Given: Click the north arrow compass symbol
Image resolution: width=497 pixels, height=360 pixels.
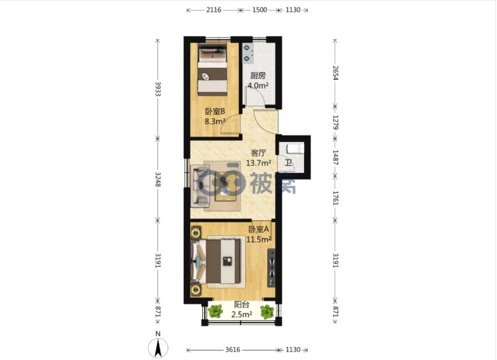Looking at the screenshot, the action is point(158,348).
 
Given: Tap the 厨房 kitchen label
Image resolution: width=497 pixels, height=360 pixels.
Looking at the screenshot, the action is point(257,75).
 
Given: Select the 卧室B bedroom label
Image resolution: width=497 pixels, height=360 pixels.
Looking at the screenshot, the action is point(215,111).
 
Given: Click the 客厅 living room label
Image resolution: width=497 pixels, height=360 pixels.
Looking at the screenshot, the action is point(258,153).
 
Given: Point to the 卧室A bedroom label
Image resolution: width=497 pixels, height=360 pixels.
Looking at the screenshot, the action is point(258,229).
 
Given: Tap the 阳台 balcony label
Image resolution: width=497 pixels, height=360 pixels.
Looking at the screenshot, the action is point(242,305).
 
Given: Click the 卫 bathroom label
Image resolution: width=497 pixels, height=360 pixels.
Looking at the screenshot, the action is point(288,163).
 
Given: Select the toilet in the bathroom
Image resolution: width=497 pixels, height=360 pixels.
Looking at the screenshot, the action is point(295,148).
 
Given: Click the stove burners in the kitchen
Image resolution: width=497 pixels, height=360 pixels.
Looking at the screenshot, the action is point(248,53).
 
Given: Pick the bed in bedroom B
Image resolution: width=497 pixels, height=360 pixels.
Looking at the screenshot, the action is point(212,70).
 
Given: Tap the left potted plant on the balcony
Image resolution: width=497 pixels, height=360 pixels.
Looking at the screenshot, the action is point(216,311).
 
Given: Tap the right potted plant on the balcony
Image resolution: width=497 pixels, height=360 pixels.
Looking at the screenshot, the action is point(267,312).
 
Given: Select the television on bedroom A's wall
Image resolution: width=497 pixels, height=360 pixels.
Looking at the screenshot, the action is point(271,268).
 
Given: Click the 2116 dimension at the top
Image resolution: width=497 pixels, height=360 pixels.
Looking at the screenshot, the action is point(214,10).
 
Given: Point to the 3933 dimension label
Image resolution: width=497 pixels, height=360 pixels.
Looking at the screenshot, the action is point(158,89).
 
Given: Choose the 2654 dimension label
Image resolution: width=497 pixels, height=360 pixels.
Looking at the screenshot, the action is point(335,73).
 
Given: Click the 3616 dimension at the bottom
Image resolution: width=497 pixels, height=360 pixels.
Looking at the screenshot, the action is point(233,350).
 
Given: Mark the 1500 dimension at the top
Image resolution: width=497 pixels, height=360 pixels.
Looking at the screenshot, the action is point(259,10).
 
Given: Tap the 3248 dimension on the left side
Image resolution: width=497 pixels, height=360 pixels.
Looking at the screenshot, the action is point(158,179).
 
